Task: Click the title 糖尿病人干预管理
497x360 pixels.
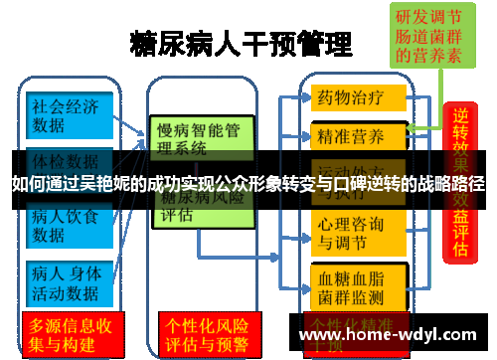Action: coord(241,45)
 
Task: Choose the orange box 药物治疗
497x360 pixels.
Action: coord(360,98)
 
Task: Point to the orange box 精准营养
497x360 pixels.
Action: coord(360,134)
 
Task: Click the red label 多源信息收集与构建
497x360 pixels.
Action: coord(70,335)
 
